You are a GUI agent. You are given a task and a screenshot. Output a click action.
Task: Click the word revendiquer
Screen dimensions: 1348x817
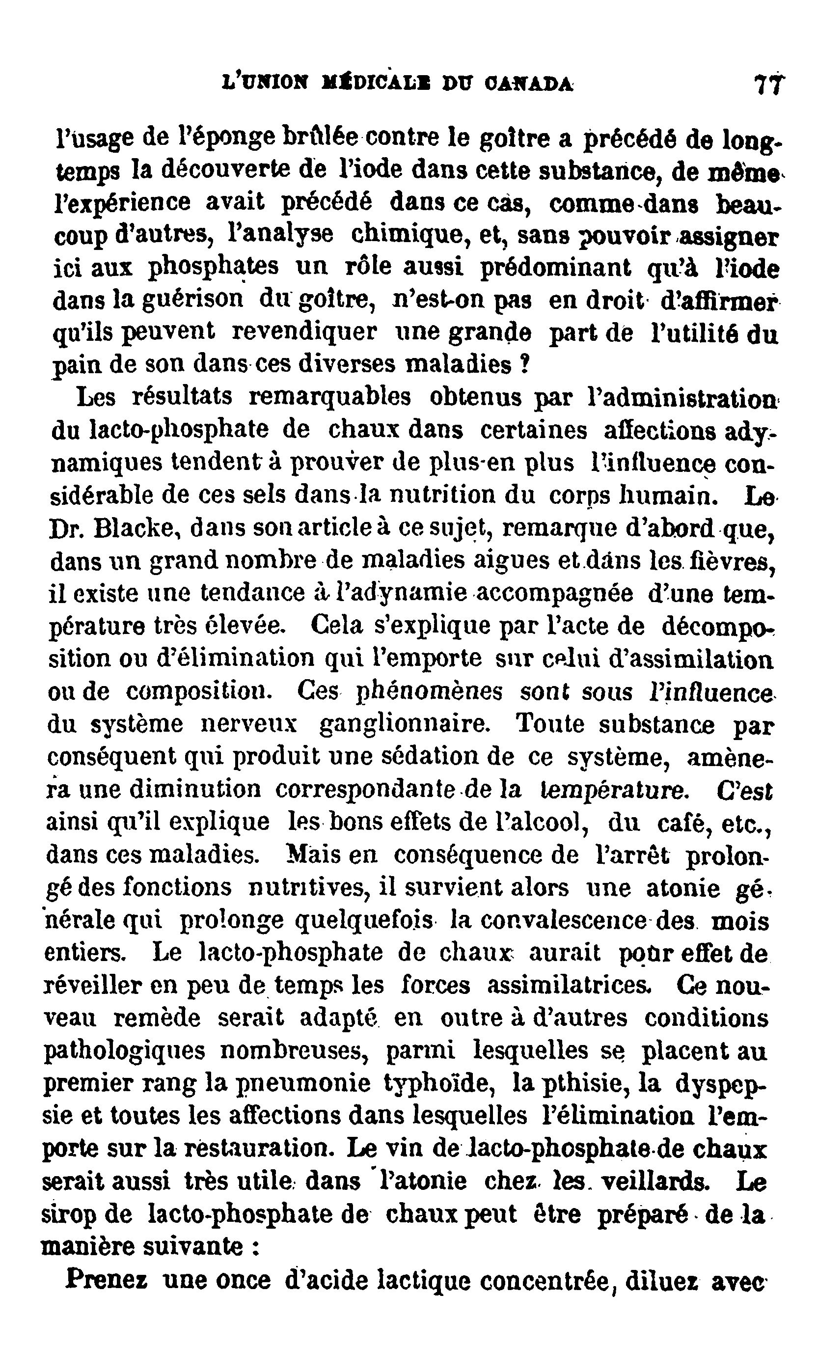coord(304,331)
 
